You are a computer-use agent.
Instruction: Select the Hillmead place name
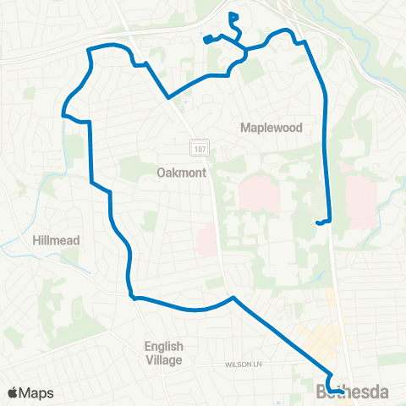click(56, 240)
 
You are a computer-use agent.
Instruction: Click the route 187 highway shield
click(198, 147)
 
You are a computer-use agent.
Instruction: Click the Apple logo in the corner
click(13, 392)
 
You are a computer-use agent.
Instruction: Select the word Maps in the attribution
click(36, 392)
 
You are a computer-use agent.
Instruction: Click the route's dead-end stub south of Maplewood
click(319, 222)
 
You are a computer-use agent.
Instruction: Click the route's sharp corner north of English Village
click(133, 296)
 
